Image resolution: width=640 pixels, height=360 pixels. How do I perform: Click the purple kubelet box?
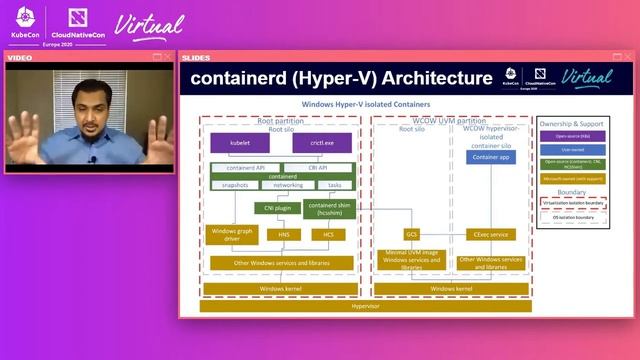(x=239, y=143)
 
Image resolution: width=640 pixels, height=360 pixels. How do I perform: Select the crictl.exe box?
(x=321, y=143)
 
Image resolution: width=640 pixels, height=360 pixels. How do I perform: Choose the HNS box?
(x=283, y=234)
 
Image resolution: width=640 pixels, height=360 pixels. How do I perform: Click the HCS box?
(x=328, y=234)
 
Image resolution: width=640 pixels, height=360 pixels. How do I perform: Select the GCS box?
(x=411, y=234)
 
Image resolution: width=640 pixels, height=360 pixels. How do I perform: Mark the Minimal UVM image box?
(x=411, y=260)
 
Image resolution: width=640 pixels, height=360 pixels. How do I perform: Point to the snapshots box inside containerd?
(x=235, y=185)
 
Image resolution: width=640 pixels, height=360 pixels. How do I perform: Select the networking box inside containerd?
(x=288, y=185)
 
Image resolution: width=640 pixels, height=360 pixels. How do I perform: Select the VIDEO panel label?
(x=20, y=57)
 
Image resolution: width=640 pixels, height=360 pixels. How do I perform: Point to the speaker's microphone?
(x=92, y=159)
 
